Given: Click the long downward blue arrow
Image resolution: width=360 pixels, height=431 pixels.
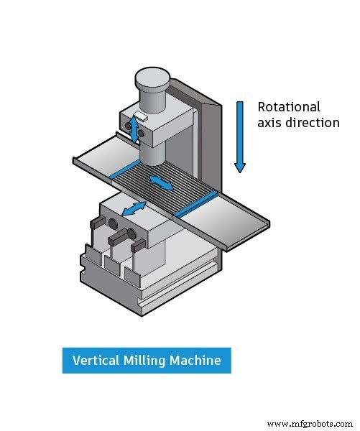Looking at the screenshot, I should pos(239,136).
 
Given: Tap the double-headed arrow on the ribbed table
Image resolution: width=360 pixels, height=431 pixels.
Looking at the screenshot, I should pos(160,182).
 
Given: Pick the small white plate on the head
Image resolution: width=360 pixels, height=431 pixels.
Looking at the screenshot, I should pos(140,116).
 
